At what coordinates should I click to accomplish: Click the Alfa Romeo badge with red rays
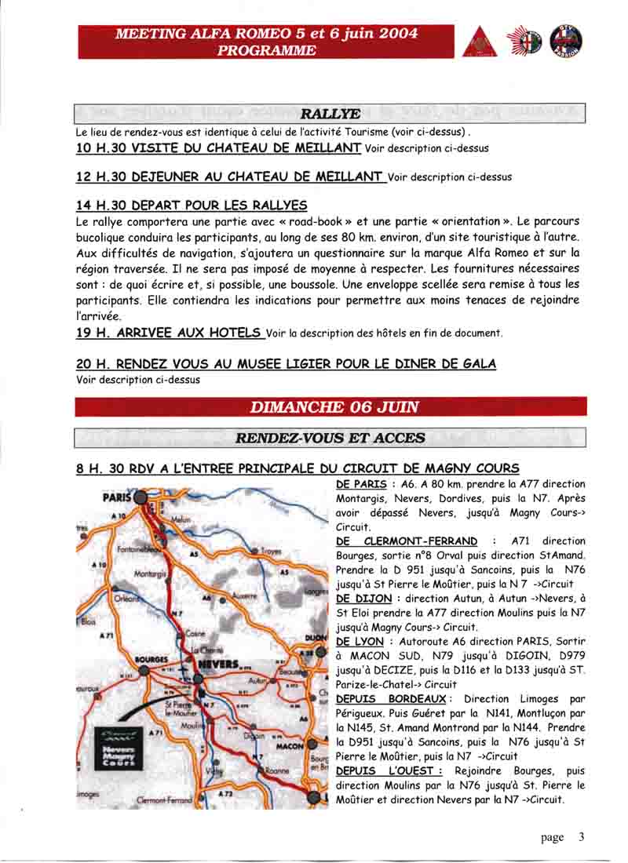[524, 42]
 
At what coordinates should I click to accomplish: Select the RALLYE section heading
[330, 115]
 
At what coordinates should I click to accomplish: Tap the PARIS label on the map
[115, 497]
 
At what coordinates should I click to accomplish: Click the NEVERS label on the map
[219, 665]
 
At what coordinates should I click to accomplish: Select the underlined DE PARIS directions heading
[360, 484]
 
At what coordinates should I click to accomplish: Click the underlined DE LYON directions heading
[357, 641]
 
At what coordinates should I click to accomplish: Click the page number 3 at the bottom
[582, 837]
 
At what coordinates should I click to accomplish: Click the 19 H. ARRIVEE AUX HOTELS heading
[170, 333]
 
